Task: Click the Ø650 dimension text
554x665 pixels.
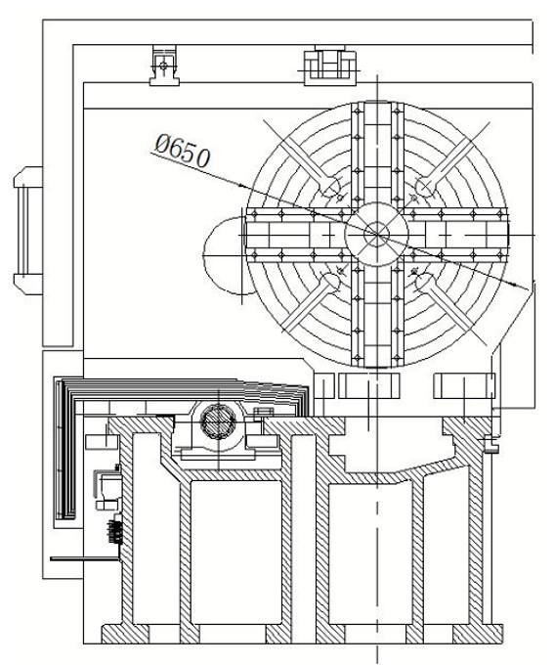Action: point(183,151)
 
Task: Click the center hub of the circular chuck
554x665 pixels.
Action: point(376,234)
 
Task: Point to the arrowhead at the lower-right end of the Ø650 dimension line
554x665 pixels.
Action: point(522,288)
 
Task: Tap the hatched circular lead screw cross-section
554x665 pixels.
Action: point(218,421)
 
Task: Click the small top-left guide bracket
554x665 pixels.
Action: point(164,66)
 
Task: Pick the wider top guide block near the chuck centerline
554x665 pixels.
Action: point(330,65)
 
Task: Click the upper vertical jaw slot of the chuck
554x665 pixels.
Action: point(377,153)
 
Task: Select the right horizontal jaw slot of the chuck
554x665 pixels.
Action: point(458,235)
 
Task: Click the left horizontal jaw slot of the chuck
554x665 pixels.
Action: point(297,235)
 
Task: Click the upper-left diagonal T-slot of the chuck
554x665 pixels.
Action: point(302,160)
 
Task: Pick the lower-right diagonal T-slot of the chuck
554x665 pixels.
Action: point(450,307)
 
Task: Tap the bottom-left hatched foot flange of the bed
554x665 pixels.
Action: point(125,634)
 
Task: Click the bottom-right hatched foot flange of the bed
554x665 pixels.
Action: point(478,634)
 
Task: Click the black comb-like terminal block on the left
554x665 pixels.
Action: point(113,531)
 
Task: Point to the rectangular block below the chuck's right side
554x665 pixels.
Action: point(464,386)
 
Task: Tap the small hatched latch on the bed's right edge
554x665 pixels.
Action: point(490,445)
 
